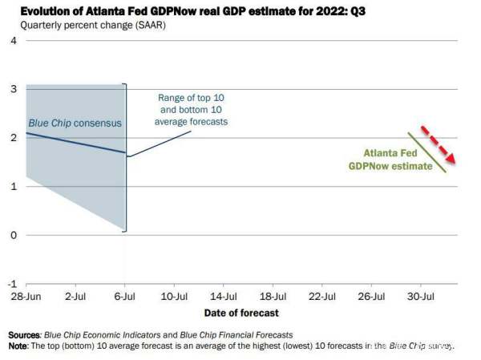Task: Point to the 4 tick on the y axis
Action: click(13, 40)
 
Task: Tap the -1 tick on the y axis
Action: click(11, 284)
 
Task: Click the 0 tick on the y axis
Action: click(13, 236)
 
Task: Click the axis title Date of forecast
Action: click(240, 313)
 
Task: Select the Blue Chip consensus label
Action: click(75, 123)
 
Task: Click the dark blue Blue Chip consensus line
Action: click(76, 142)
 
